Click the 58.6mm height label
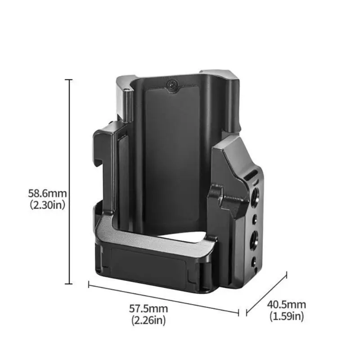[47, 193]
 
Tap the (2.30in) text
[48, 205]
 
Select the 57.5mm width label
[148, 309]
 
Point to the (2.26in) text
[148, 320]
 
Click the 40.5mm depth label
[286, 305]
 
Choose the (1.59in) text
[287, 316]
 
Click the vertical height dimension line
[69, 182]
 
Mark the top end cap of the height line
[69, 80]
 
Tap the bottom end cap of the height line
[69, 284]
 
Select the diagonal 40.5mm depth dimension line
[266, 294]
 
